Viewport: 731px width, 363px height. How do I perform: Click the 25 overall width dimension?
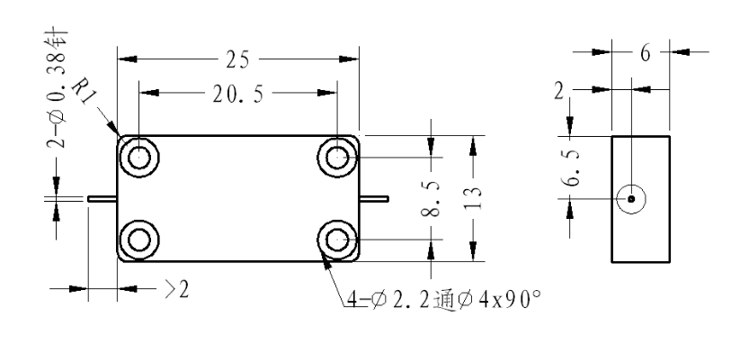[x=237, y=59]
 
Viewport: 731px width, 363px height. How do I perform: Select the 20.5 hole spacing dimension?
[x=238, y=94]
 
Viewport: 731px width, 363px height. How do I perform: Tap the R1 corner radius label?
[x=84, y=92]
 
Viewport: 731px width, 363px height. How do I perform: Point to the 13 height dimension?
[x=473, y=198]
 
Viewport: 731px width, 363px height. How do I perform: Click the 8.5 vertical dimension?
[x=431, y=199]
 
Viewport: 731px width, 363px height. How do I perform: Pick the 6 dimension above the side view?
[x=645, y=53]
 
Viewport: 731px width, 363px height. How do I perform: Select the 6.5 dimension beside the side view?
[x=573, y=168]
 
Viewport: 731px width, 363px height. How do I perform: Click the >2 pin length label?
[x=177, y=290]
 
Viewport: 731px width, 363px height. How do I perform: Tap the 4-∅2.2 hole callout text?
[x=444, y=300]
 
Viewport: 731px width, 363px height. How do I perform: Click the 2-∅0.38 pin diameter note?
[x=57, y=90]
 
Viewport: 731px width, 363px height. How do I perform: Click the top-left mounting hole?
[x=139, y=158]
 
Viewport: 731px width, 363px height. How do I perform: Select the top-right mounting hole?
[x=337, y=158]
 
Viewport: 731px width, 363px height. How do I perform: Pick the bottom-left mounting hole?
[x=139, y=240]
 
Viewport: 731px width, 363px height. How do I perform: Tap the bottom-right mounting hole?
[x=337, y=240]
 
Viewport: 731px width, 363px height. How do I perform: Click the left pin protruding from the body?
[x=103, y=199]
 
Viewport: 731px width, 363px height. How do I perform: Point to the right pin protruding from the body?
[x=374, y=199]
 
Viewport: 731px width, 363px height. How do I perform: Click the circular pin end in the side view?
[x=631, y=199]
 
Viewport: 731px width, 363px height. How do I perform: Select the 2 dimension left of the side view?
[x=559, y=91]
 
